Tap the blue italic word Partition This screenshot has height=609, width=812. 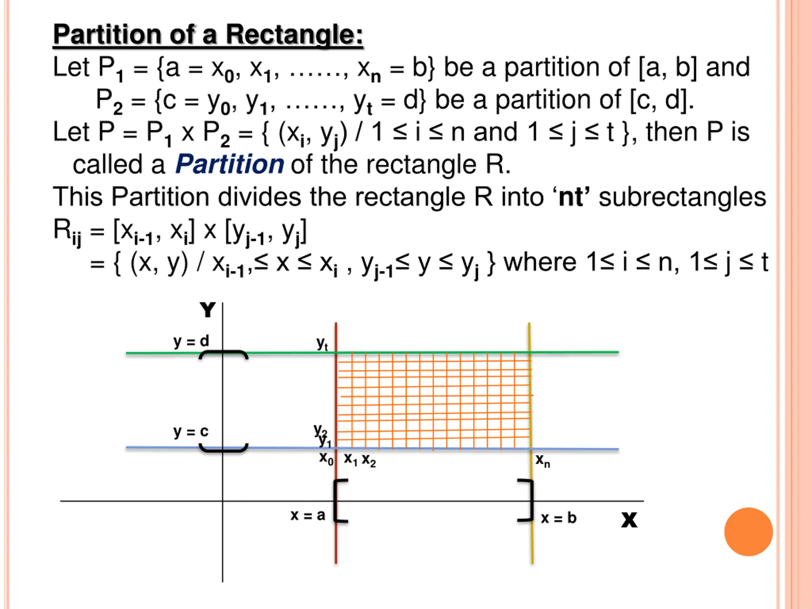[229, 164]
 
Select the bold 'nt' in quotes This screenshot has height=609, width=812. [571, 197]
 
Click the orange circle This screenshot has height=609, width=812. [749, 532]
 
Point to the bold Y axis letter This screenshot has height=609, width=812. [207, 310]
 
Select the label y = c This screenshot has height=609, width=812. [191, 432]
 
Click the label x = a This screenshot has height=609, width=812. [308, 515]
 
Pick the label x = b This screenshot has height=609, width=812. [558, 518]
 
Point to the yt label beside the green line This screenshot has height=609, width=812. [322, 344]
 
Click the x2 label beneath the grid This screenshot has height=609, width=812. [369, 460]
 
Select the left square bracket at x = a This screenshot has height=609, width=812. [340, 500]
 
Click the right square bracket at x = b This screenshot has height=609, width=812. [527, 500]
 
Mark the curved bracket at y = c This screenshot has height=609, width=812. [223, 448]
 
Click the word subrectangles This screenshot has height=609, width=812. [682, 197]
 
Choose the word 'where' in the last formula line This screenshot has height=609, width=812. [540, 263]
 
